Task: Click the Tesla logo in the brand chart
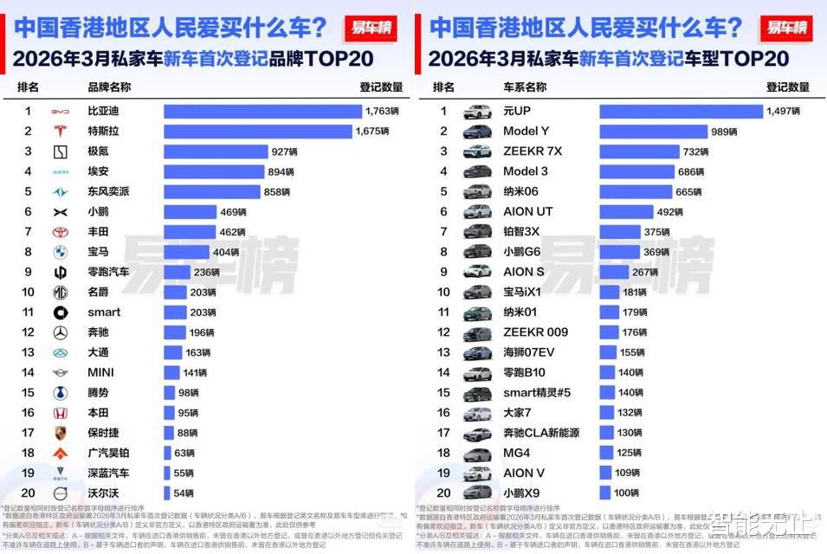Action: pyautogui.click(x=60, y=132)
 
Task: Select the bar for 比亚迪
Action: pyautogui.click(x=262, y=111)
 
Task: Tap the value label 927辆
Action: pyautogui.click(x=285, y=151)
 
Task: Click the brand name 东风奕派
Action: pyautogui.click(x=109, y=191)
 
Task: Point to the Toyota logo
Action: pyautogui.click(x=60, y=232)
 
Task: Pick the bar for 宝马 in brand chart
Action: pyautogui.click(x=186, y=252)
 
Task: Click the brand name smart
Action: pyautogui.click(x=105, y=312)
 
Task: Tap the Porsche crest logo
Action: pyautogui.click(x=60, y=433)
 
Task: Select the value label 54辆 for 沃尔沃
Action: pyautogui.click(x=184, y=493)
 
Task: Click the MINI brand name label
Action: pyautogui.click(x=101, y=372)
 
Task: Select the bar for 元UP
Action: pyautogui.click(x=681, y=111)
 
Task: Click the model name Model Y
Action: pyautogui.click(x=527, y=132)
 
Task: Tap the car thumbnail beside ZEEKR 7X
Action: pyautogui.click(x=477, y=151)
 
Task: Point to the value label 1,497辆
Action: pyautogui.click(x=782, y=111)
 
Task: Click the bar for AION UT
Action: pyautogui.click(x=625, y=211)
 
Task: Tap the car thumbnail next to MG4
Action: pyautogui.click(x=477, y=453)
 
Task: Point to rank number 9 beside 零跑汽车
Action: pyautogui.click(x=28, y=272)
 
